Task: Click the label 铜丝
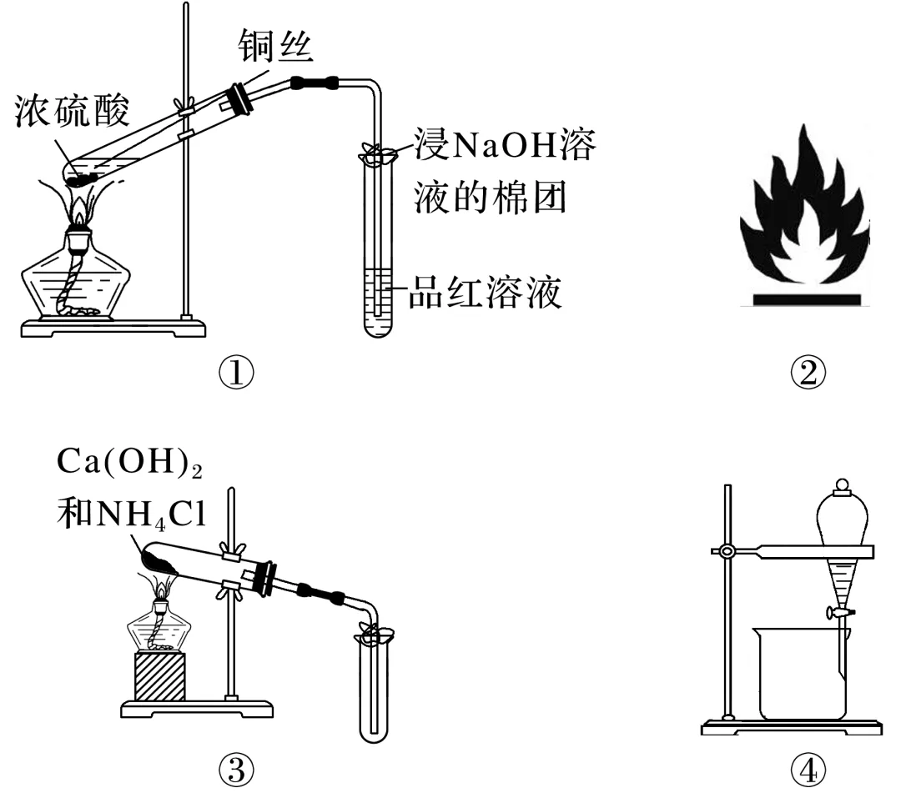pyautogui.click(x=274, y=48)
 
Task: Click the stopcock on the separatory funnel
pyautogui.click(x=839, y=613)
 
